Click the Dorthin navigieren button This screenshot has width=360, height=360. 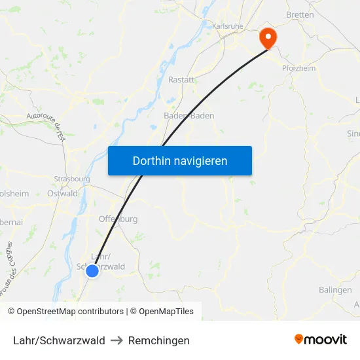[180, 160]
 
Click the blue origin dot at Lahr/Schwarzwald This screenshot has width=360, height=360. [92, 270]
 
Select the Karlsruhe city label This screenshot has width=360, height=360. [228, 26]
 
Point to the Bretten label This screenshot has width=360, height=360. [300, 14]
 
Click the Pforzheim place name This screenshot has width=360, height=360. [298, 68]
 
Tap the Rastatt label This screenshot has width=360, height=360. [181, 80]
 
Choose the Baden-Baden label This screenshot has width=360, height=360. [189, 116]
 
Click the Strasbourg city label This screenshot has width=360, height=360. [72, 179]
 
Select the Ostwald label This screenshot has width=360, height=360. [62, 194]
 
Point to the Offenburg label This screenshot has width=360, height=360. [118, 219]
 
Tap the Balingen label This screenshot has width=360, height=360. [335, 290]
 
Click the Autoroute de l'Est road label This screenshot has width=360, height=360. [46, 125]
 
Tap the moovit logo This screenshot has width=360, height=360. [321, 339]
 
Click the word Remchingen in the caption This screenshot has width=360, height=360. [159, 340]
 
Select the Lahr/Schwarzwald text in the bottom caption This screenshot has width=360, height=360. [59, 340]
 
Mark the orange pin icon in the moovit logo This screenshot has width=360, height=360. [299, 339]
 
